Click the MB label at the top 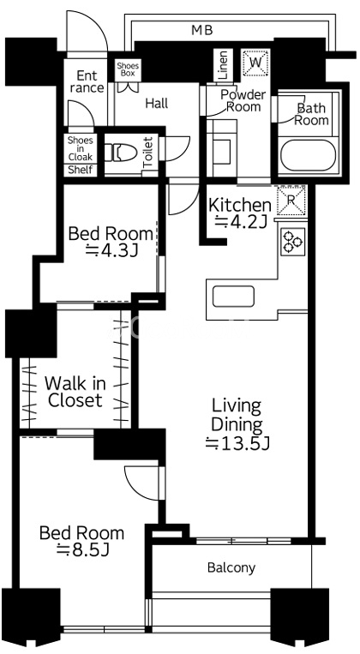202,30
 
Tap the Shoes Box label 128,69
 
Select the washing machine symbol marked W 255,63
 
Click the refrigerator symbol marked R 291,201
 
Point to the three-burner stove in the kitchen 292,242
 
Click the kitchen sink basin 233,297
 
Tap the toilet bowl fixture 121,153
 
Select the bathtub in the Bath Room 308,155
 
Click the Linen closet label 223,65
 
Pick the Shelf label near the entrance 81,170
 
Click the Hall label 157,103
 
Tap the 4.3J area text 111,249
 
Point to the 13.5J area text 237,444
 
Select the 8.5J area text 82,550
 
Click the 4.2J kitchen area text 241,221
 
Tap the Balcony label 231,567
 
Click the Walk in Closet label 75,392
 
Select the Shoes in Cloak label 81,148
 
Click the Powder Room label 243,100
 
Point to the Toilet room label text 147,153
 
